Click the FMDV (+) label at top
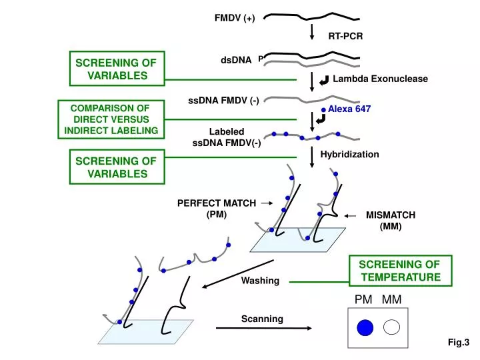[x=234, y=18]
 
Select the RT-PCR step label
[x=345, y=37]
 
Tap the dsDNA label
[x=235, y=60]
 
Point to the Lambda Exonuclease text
[x=380, y=79]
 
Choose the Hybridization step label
[x=349, y=154]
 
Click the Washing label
[x=260, y=280]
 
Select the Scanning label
[x=262, y=319]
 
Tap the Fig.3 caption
[x=459, y=343]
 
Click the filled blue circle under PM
[x=365, y=327]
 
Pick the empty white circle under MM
[x=391, y=327]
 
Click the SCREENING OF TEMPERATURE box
[x=399, y=271]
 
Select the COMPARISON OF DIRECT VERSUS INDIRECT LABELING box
[x=111, y=119]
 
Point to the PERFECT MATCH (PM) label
[x=216, y=209]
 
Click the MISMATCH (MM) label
[x=390, y=221]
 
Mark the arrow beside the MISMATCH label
[x=351, y=215]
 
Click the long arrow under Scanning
[x=263, y=328]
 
